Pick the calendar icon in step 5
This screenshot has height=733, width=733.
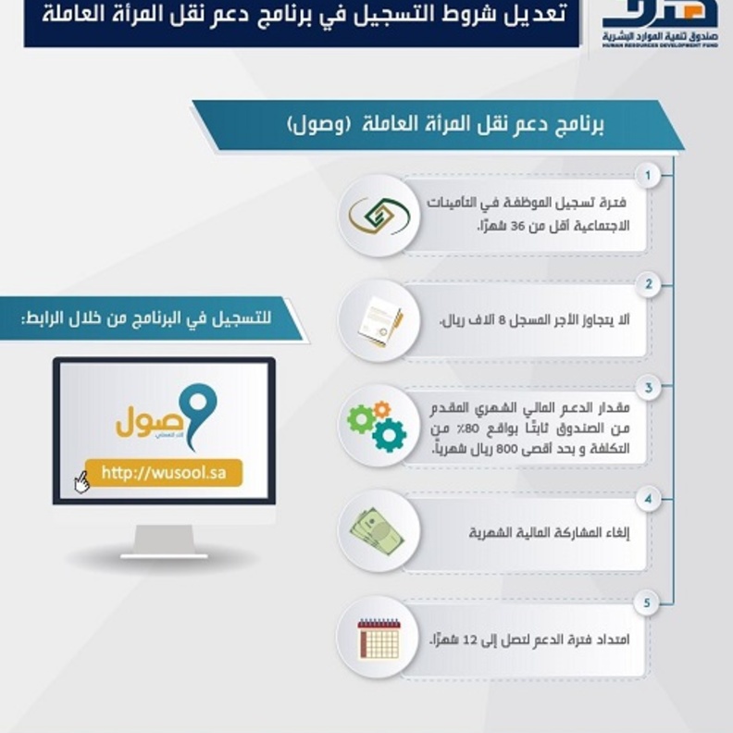379,639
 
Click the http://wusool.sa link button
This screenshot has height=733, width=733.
163,473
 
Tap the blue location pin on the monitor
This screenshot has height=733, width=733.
197,411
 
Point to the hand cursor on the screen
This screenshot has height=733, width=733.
81,482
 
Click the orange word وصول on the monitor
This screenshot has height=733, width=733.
146,425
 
